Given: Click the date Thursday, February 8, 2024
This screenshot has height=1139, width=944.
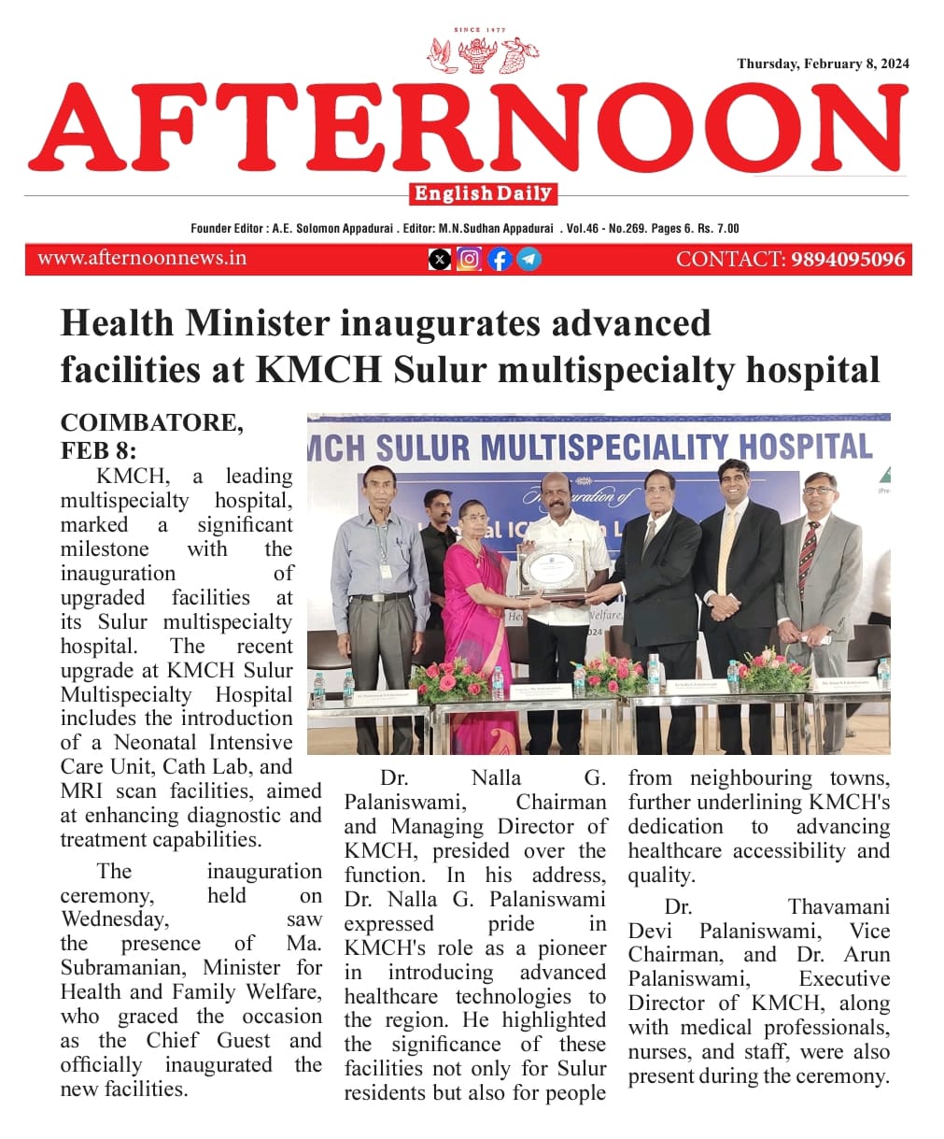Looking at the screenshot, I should [x=823, y=64].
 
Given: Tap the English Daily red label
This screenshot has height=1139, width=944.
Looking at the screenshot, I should [x=483, y=194].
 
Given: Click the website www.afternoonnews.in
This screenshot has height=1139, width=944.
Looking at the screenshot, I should [x=142, y=259].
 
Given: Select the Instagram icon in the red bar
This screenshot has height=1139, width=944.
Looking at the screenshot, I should [x=470, y=259].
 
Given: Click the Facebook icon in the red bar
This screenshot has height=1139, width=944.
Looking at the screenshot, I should [x=500, y=259].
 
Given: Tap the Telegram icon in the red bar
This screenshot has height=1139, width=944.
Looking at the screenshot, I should [x=528, y=259].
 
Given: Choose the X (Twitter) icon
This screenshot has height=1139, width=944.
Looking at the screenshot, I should [x=440, y=260].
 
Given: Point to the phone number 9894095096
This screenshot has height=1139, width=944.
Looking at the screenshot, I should [x=848, y=260].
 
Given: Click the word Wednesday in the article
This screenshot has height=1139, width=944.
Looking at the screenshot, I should [x=114, y=919].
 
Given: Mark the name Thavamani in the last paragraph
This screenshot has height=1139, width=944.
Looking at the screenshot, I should [x=838, y=907].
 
